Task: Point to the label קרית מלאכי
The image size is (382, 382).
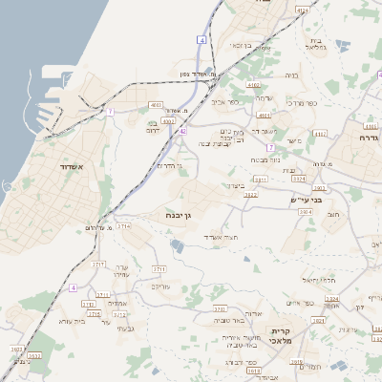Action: (x=286, y=335)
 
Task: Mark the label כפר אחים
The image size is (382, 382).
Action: (x=299, y=303)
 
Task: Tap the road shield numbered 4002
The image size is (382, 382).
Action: (x=168, y=121)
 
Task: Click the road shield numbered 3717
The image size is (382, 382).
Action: (x=98, y=263)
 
